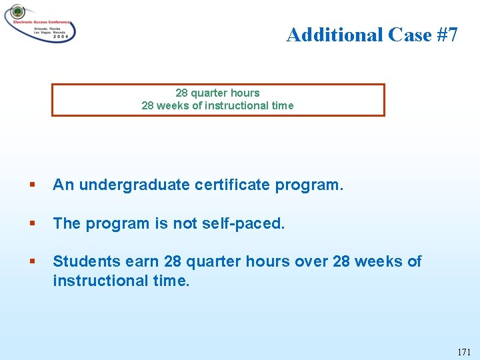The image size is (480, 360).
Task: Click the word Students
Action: pyautogui.click(x=82, y=261)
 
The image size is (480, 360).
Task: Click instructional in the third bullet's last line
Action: pyautogui.click(x=101, y=281)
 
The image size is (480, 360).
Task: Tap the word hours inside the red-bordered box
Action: pyautogui.click(x=244, y=93)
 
